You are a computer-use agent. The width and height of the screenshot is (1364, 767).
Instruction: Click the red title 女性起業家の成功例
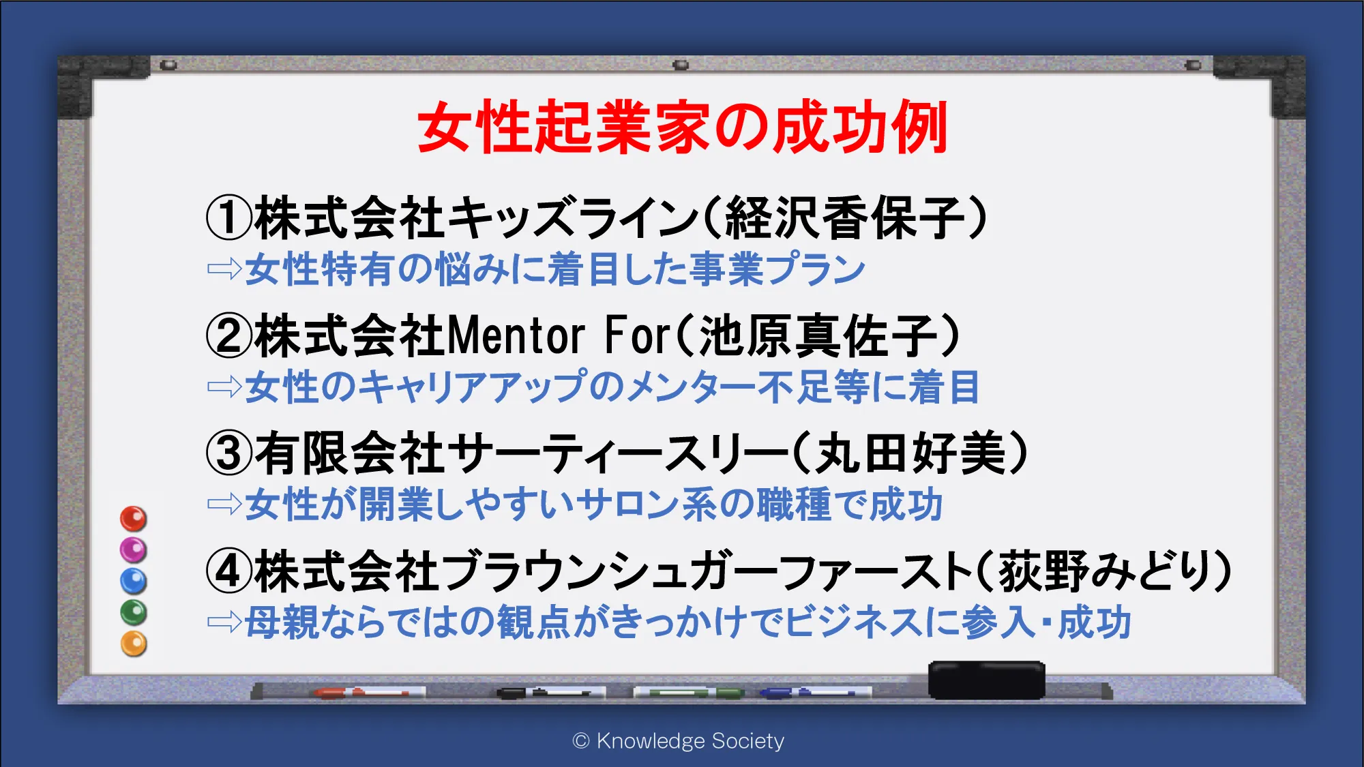click(682, 127)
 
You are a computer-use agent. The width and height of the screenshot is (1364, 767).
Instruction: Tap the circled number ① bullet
click(229, 218)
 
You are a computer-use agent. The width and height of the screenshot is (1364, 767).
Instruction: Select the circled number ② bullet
click(229, 336)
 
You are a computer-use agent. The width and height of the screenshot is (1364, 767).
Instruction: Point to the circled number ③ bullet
click(229, 454)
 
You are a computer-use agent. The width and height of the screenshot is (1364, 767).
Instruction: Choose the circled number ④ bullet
click(229, 571)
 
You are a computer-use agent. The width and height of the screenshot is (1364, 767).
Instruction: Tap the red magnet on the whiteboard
click(134, 519)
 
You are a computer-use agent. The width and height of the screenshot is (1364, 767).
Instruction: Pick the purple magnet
click(134, 550)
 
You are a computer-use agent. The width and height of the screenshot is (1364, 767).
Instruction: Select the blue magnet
click(134, 581)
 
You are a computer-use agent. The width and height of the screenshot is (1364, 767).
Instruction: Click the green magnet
click(134, 612)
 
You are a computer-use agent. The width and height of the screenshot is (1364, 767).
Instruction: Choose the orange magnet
click(134, 644)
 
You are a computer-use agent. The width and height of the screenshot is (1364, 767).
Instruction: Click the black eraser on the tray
click(987, 680)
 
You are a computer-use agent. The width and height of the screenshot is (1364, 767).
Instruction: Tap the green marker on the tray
click(689, 693)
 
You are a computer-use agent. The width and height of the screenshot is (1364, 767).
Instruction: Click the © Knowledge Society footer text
click(679, 740)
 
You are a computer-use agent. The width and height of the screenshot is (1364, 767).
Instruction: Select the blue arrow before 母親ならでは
click(224, 621)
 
